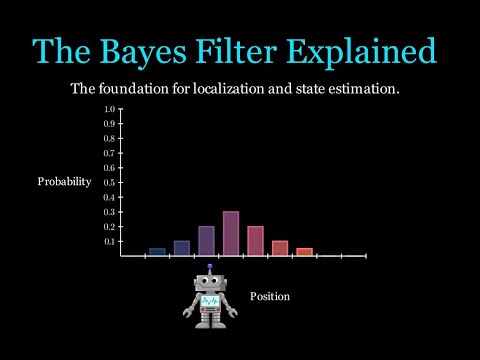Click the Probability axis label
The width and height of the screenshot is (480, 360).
coord(64,182)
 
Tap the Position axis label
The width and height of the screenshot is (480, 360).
coord(270,297)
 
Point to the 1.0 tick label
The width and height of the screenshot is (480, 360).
coord(109,108)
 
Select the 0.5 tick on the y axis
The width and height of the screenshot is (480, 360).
coord(109,182)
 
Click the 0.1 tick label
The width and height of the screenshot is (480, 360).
coord(109,241)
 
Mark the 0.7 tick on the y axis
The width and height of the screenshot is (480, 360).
coord(109,152)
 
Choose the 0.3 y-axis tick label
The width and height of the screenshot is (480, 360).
coord(109,212)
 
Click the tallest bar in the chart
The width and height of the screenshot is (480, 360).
coord(230,234)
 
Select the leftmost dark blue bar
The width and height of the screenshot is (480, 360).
coord(157,252)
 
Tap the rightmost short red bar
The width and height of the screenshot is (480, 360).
coord(304,252)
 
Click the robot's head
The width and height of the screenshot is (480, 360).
coord(211,284)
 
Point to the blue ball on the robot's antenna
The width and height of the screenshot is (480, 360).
coord(211,267)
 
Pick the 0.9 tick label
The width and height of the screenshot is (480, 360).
coord(109,123)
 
